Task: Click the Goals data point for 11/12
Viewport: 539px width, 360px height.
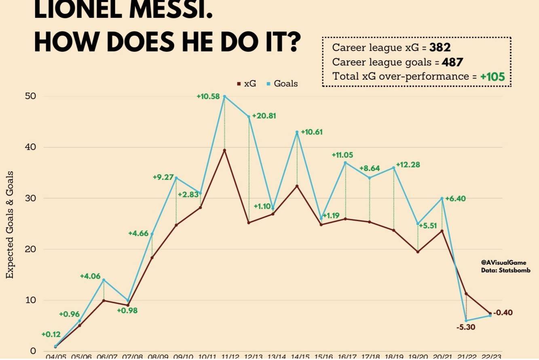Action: click(224, 96)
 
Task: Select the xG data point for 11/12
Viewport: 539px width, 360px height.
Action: click(224, 150)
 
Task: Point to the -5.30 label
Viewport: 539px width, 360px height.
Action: click(466, 327)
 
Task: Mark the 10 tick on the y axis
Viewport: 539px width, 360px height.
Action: click(30, 300)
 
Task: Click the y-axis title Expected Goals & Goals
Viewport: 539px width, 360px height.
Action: click(10, 225)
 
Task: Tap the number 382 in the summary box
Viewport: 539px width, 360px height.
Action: click(440, 48)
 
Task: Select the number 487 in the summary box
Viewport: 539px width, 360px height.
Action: click(452, 62)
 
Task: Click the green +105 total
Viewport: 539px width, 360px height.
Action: click(493, 77)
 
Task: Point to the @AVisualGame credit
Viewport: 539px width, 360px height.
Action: click(503, 263)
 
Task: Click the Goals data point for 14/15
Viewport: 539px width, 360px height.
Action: click(297, 132)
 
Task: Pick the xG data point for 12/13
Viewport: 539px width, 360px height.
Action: click(249, 223)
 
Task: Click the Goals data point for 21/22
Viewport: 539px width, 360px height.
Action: click(466, 320)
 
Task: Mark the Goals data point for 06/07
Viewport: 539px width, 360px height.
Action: click(104, 280)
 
